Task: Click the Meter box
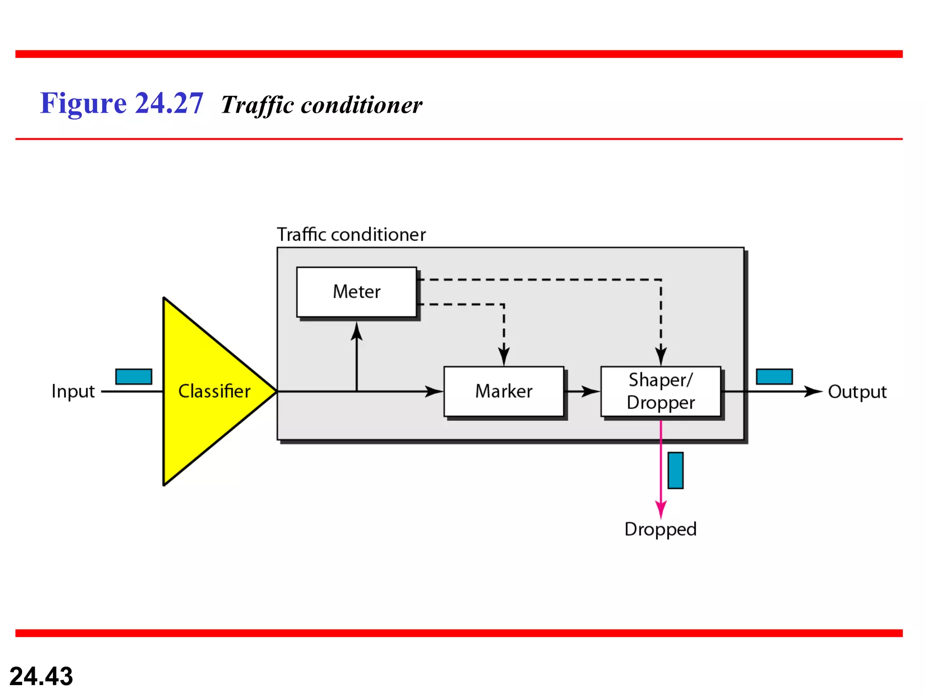click(x=356, y=292)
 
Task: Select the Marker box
click(x=504, y=391)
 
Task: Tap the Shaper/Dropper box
click(x=661, y=391)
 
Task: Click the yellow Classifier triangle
click(x=208, y=391)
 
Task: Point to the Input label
click(x=73, y=391)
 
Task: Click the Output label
click(x=857, y=392)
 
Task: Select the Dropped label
click(x=660, y=529)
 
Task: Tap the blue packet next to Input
click(x=134, y=376)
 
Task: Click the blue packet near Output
click(x=774, y=376)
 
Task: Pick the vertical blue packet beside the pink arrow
click(x=676, y=470)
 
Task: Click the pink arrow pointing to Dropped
click(x=661, y=475)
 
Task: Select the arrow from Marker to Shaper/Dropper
click(x=583, y=391)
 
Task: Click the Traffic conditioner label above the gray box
click(x=351, y=235)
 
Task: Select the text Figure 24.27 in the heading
click(x=122, y=103)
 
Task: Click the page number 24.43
click(x=41, y=676)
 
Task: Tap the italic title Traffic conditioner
click(x=321, y=105)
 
